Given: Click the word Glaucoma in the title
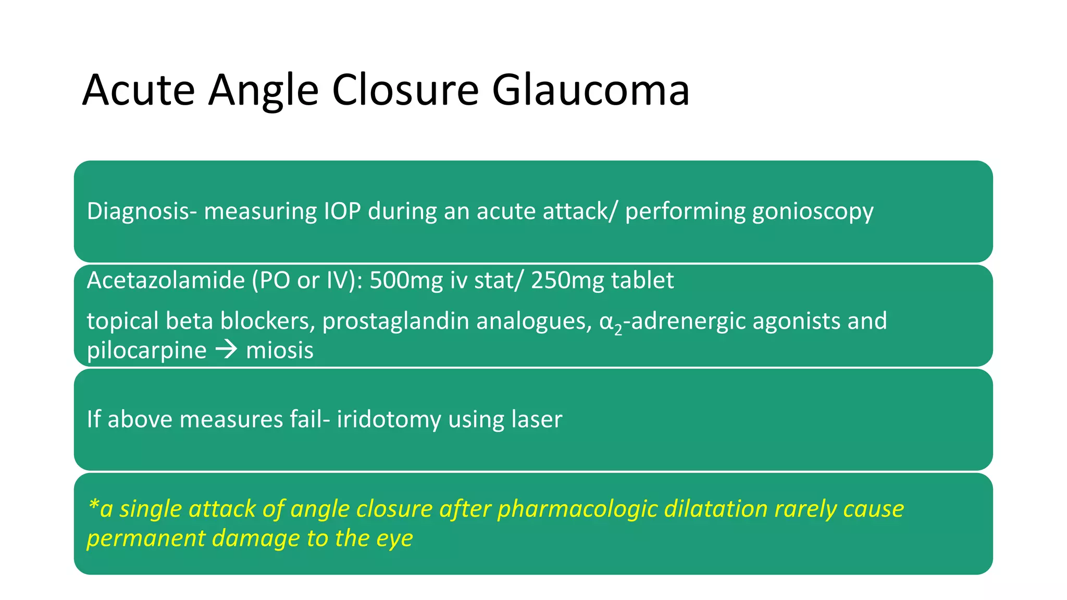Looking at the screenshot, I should coord(590,90).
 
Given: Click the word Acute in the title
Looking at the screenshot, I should coord(138,90).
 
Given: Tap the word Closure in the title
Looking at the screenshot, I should coord(405,90).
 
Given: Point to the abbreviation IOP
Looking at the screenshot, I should coord(342,211).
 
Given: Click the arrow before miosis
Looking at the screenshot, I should coord(226,349).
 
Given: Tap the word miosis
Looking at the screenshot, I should coord(280,351).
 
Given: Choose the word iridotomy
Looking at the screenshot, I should coord(389,420).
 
